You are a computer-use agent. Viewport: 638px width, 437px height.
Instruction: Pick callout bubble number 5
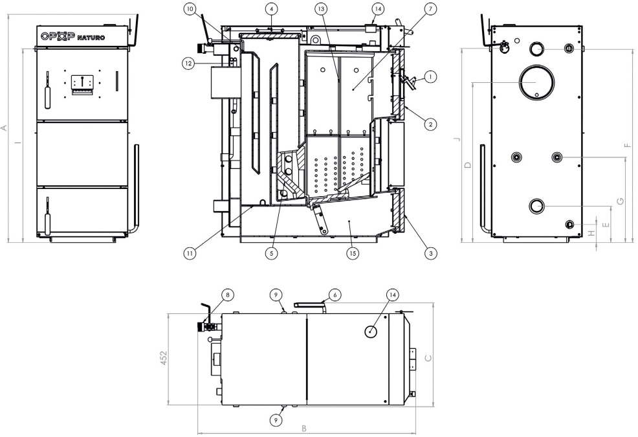click(x=272, y=254)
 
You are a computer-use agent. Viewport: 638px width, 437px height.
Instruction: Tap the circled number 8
click(x=226, y=294)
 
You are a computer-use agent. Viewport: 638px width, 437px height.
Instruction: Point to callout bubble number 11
click(x=189, y=254)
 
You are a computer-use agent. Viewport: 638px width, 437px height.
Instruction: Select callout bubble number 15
click(x=352, y=254)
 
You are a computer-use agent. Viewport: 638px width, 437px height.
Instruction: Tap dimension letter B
click(x=304, y=429)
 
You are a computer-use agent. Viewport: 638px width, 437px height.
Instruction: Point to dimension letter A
click(x=5, y=127)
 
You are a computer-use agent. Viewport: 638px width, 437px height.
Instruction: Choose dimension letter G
click(x=620, y=201)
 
